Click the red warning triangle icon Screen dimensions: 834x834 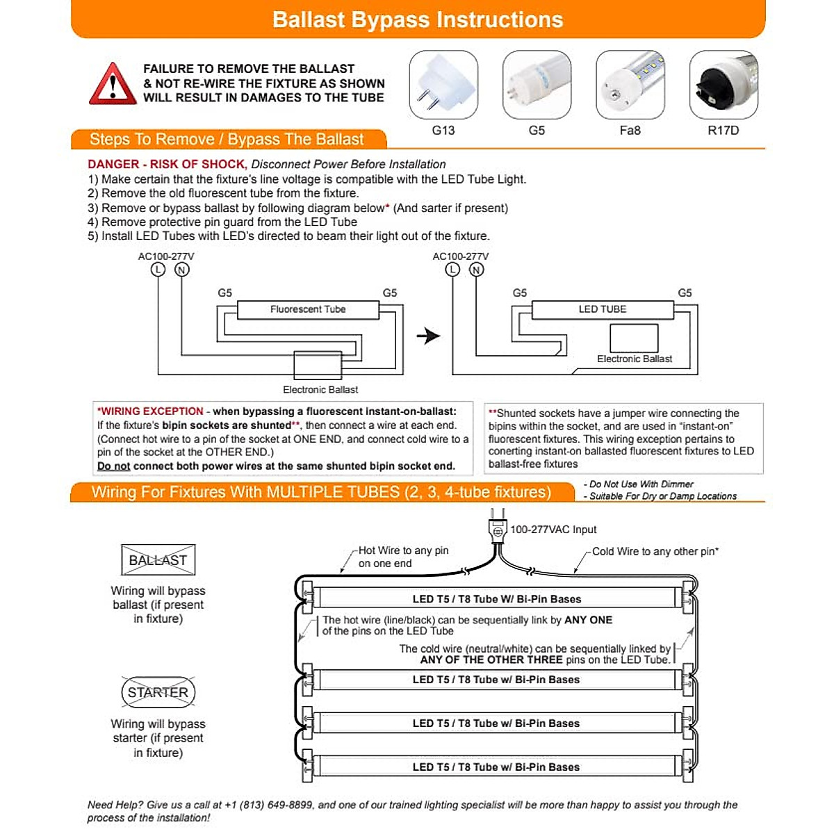pos(113,85)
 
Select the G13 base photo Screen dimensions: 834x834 pos(443,84)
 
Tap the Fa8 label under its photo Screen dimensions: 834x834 pos(630,130)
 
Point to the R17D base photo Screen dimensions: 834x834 pos(723,84)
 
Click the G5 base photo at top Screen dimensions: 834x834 pos(537,84)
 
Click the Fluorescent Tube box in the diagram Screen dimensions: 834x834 pos(308,309)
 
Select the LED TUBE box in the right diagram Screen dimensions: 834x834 pos(603,309)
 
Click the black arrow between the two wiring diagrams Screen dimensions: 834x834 pos(428,336)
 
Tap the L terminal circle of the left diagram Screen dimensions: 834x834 pos(158,270)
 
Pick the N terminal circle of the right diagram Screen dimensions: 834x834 pos(477,270)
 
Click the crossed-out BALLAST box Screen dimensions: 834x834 pos(158,560)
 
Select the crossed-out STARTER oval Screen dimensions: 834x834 pos(158,692)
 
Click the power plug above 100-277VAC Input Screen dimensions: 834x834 pos(498,530)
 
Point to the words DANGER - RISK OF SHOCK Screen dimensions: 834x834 pos(167,165)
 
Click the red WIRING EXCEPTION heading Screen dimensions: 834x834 pos(151,411)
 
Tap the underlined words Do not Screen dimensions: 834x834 pos(114,466)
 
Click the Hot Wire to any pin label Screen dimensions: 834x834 pos(403,550)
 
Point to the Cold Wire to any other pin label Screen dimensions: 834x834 pos(655,552)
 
